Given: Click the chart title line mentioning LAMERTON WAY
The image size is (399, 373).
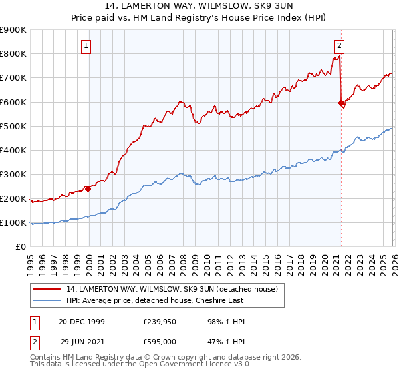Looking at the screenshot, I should coord(199,5).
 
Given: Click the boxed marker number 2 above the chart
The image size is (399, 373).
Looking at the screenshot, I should coord(339,46).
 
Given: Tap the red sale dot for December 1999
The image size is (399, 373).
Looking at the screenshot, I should coord(88,188).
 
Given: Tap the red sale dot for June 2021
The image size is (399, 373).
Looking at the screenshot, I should coord(342,103).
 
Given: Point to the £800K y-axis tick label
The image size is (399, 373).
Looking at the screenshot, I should coord(13,54).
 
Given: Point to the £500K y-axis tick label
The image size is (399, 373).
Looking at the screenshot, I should coord(13,126).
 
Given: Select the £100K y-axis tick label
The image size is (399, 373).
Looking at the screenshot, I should coord(13,222).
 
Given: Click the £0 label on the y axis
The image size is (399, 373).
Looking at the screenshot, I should coord(21,247).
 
